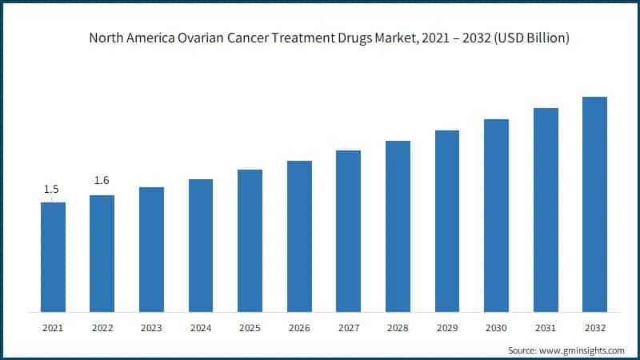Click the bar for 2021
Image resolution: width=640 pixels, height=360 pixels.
point(53,257)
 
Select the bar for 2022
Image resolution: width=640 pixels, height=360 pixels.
point(102,254)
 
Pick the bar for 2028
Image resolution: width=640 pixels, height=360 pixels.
point(398,226)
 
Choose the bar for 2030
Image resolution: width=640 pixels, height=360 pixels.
point(496,215)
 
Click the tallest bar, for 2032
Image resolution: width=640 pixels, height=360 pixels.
point(594,204)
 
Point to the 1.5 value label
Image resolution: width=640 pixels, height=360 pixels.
point(52,190)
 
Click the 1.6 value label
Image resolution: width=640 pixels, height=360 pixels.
point(102,181)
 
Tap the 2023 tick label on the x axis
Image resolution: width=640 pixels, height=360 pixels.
point(151,328)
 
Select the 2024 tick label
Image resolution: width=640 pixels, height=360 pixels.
point(201,328)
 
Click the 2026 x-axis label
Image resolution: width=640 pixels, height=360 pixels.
point(299,328)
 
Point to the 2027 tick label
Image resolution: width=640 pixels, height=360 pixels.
point(348,328)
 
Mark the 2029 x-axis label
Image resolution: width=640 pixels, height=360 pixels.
point(446,328)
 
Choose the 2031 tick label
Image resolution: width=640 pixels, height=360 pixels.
point(546,328)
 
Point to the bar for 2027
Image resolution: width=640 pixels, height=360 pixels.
point(348,231)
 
